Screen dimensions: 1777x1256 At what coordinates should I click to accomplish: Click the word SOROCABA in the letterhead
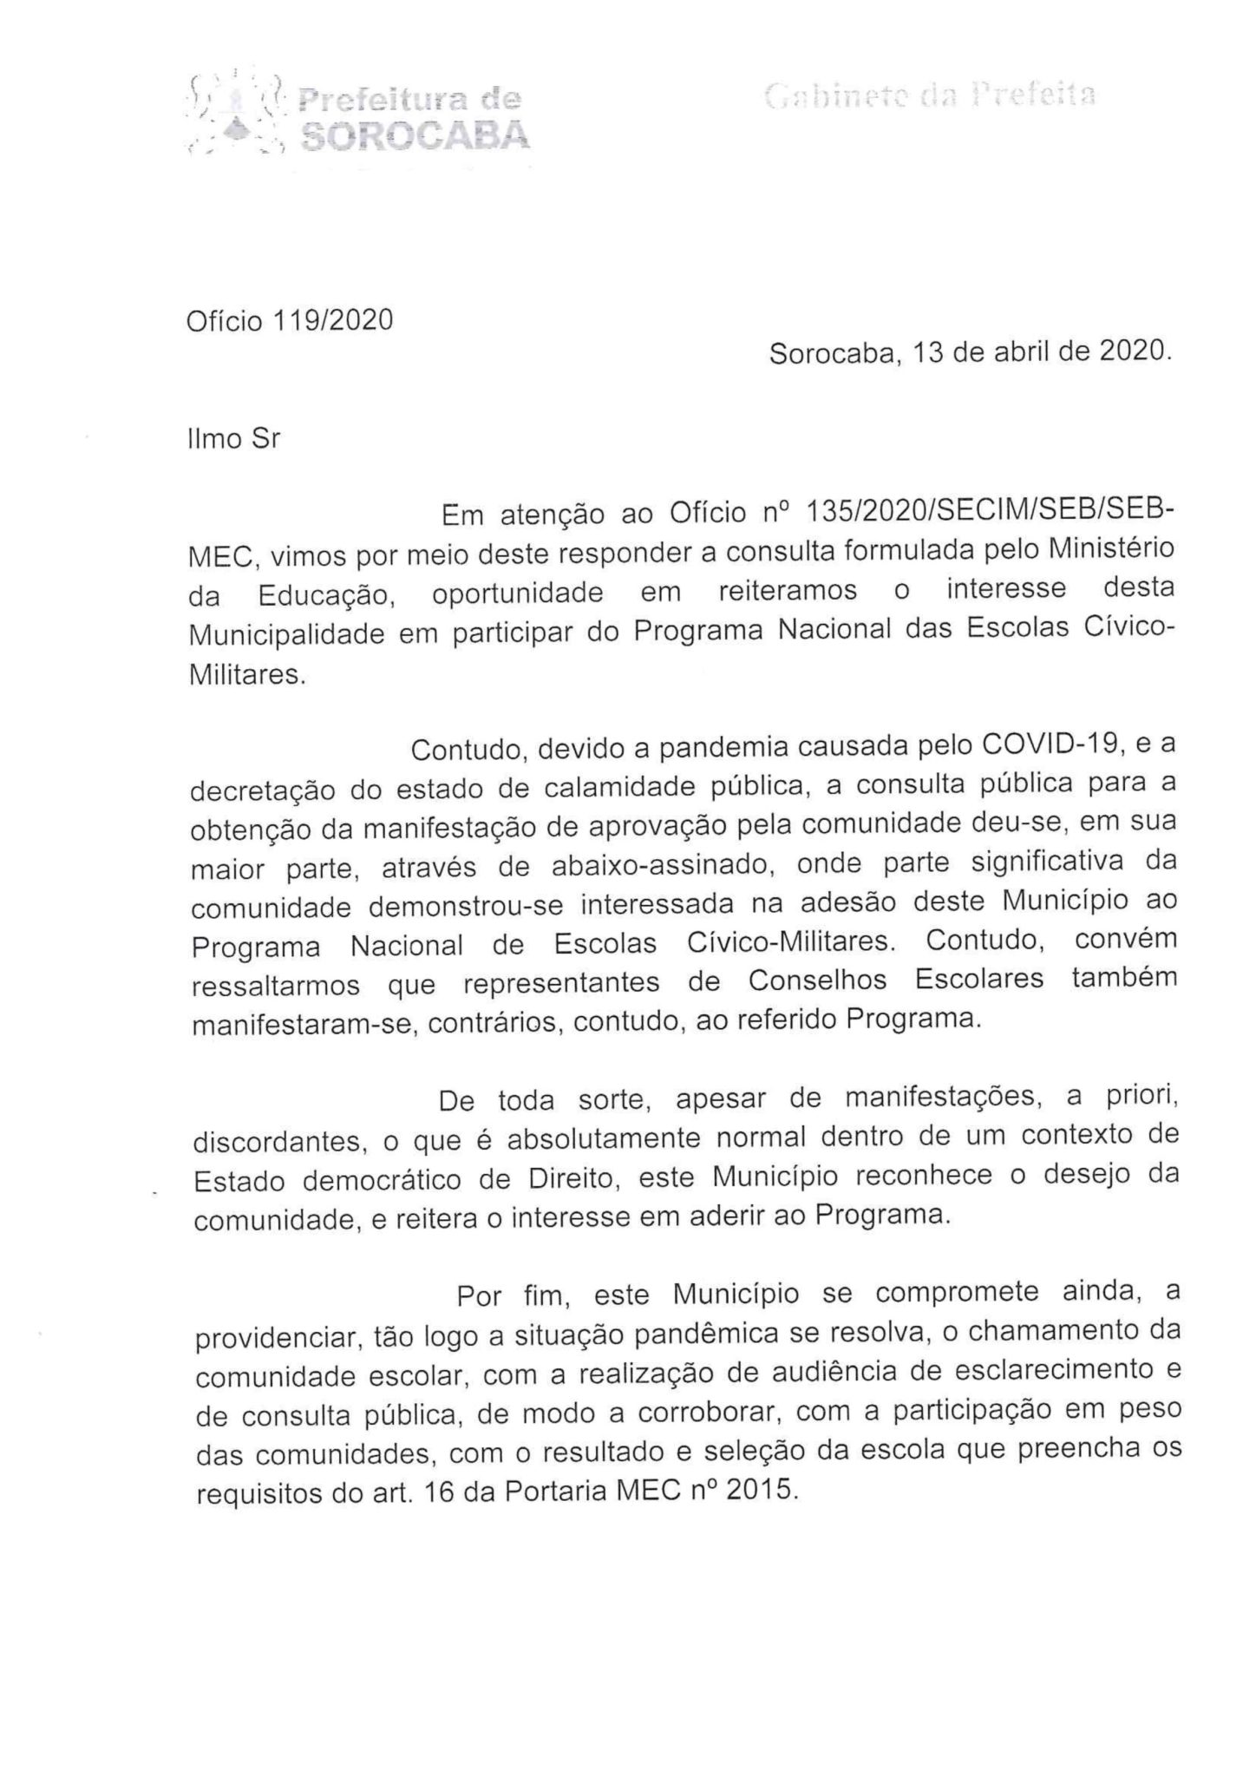point(413,135)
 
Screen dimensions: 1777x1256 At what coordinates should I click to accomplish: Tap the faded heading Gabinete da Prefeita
point(930,95)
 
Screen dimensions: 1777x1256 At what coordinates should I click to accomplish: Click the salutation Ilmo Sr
point(234,439)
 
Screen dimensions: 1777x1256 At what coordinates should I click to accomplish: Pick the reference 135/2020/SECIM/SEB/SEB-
point(990,514)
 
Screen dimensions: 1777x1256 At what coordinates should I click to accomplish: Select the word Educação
point(326,593)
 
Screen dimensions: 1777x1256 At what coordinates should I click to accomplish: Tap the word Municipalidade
point(287,634)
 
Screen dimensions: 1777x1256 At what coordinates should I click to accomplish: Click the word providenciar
point(278,1340)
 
